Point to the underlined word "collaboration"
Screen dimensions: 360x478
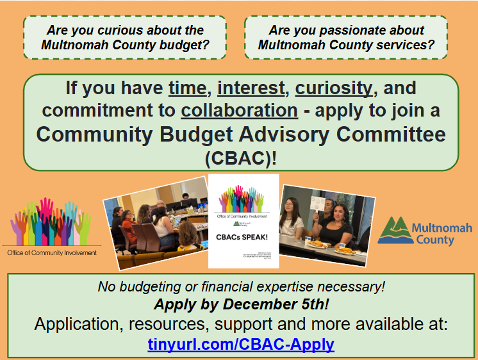click(239, 111)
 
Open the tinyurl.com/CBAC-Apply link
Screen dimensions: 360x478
click(240, 344)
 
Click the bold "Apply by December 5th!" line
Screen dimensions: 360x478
click(241, 304)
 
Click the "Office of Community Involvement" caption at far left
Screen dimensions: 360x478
click(52, 252)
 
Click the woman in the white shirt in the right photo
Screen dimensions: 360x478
click(292, 221)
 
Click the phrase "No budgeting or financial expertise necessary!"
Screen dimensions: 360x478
click(241, 286)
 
